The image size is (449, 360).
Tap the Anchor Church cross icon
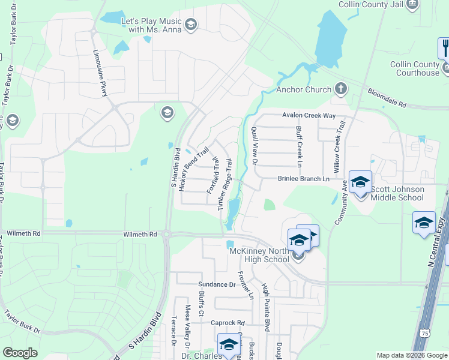coord(341,89)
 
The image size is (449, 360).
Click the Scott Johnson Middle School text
coord(397,193)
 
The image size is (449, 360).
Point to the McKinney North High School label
coord(260,255)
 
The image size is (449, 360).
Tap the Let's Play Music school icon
coord(191,25)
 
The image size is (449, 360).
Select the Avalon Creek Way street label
coord(309,116)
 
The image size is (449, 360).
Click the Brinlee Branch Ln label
coord(304,179)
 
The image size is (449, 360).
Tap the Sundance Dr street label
coord(217,284)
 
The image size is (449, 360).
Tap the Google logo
coord(20,353)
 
